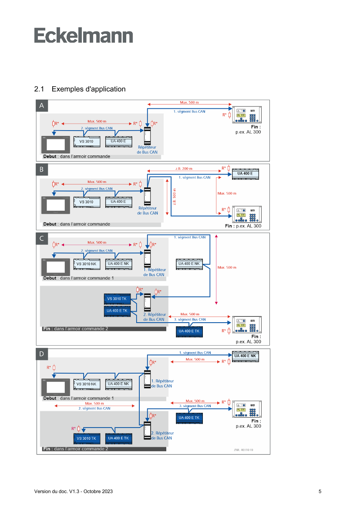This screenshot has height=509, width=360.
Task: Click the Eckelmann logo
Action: coord(84,35)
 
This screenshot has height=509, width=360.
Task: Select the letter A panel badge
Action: coord(41,106)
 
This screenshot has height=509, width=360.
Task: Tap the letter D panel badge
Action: coord(41,354)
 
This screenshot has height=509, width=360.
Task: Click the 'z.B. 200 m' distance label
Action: coord(184,169)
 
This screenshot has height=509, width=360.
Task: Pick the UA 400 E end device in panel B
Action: coord(248,174)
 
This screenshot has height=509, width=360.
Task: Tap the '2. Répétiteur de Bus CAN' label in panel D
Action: coord(162,435)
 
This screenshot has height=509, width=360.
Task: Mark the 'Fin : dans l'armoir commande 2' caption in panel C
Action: coord(75,329)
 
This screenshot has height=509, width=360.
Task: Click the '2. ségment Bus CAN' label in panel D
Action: coord(94,408)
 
